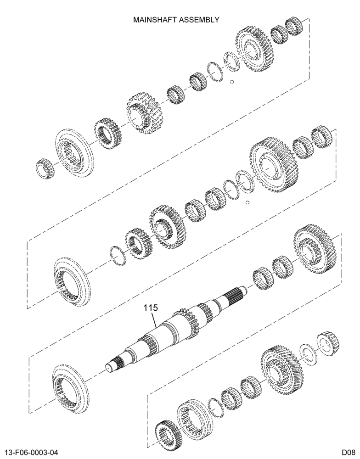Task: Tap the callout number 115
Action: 151,308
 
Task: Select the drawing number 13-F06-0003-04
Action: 31,453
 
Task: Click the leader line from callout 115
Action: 154,320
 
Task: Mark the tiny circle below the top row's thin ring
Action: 232,82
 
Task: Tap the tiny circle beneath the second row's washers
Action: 247,202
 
